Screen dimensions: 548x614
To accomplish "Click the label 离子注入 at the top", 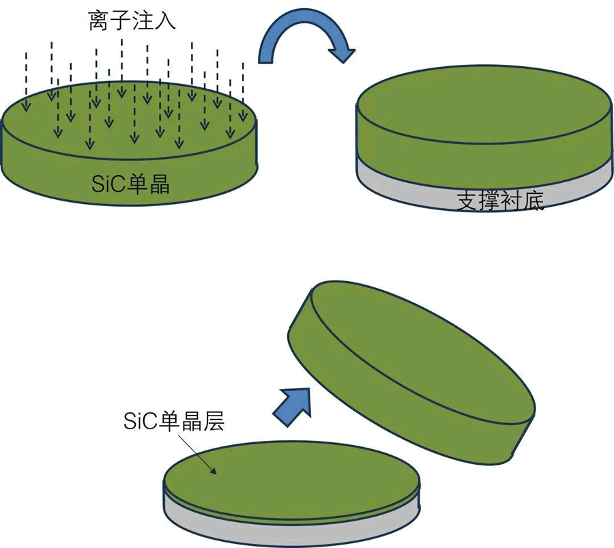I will coord(132,21).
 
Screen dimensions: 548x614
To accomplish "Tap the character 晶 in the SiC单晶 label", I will coord(158,184).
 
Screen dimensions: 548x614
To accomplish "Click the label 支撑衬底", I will coord(500,200).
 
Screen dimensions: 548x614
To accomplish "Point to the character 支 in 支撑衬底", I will coord(467,200).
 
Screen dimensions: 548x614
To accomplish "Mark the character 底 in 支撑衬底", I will coord(533,201).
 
